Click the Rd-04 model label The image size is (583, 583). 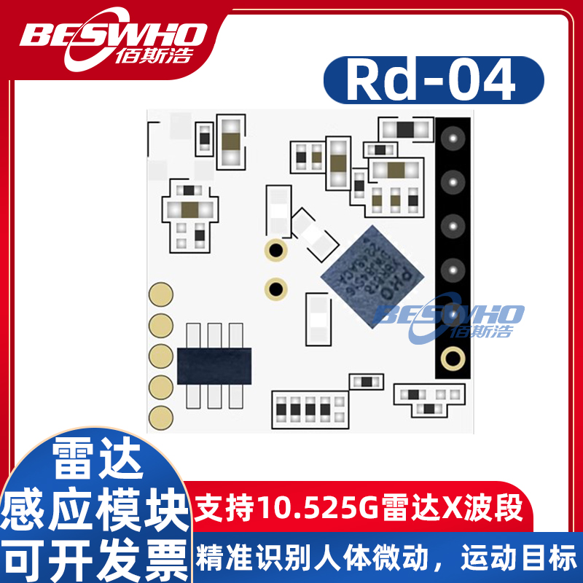tap(433, 81)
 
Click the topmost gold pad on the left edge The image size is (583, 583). tap(160, 294)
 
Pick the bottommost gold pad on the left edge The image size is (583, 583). tap(160, 416)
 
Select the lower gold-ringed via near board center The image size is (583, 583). tap(275, 288)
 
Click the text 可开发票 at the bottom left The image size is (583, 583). tap(95, 559)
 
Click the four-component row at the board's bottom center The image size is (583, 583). tap(310, 410)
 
